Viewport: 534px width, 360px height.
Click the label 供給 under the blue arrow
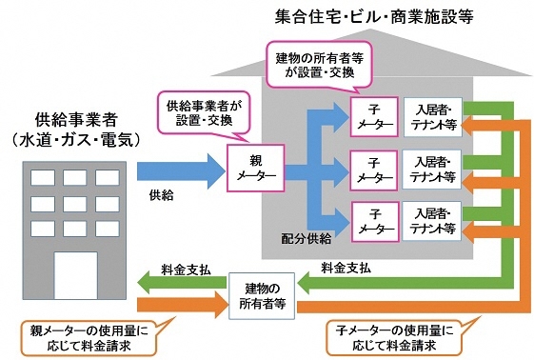click(x=162, y=195)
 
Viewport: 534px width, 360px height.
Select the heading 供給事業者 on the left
click(x=73, y=119)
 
